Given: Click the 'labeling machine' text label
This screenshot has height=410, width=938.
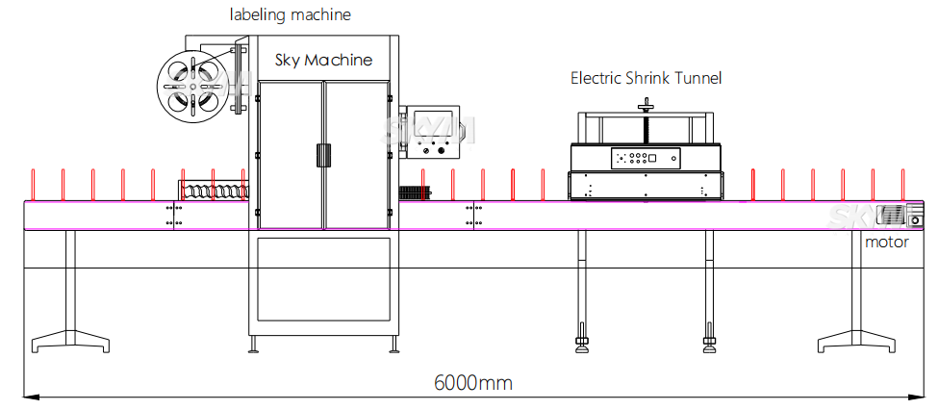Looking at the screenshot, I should click(290, 14).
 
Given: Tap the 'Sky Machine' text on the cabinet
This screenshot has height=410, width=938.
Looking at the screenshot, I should click(323, 60).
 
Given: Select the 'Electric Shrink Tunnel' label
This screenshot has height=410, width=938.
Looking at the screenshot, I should click(646, 78).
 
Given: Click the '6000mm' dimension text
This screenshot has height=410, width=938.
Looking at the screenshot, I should click(472, 382).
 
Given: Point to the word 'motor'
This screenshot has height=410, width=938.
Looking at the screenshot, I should click(886, 242).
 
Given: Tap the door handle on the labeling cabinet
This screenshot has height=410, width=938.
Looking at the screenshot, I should click(323, 154).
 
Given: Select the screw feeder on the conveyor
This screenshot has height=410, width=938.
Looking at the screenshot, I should click(214, 191).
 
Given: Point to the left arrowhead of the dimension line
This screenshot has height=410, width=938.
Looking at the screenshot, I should click(30, 395).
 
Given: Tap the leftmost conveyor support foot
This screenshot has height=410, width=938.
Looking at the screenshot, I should click(70, 340).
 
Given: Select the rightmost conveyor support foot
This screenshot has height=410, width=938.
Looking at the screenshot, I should click(858, 340).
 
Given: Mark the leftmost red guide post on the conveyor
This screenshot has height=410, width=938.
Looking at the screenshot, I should click(34, 183).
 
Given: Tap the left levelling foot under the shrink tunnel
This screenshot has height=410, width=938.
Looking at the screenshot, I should click(582, 341).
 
